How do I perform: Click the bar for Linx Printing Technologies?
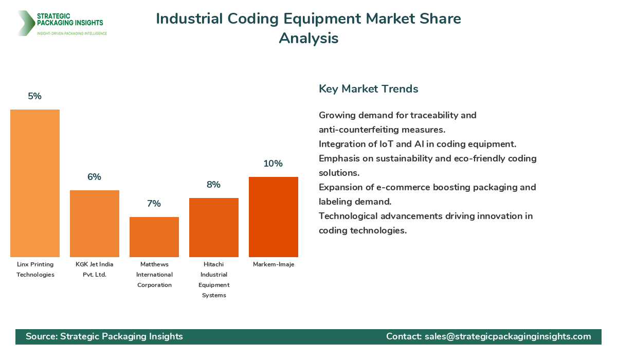35,183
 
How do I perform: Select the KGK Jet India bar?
95,224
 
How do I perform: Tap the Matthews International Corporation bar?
154,237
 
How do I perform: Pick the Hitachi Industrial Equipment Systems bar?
214,227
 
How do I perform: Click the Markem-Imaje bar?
274,217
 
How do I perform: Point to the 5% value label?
35,96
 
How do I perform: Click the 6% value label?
95,177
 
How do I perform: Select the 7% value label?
154,204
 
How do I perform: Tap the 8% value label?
214,185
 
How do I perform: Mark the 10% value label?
274,164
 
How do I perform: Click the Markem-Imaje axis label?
274,264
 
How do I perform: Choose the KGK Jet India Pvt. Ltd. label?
95,269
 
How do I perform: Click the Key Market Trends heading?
369,89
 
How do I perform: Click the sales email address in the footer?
508,336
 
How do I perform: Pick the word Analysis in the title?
308,39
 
